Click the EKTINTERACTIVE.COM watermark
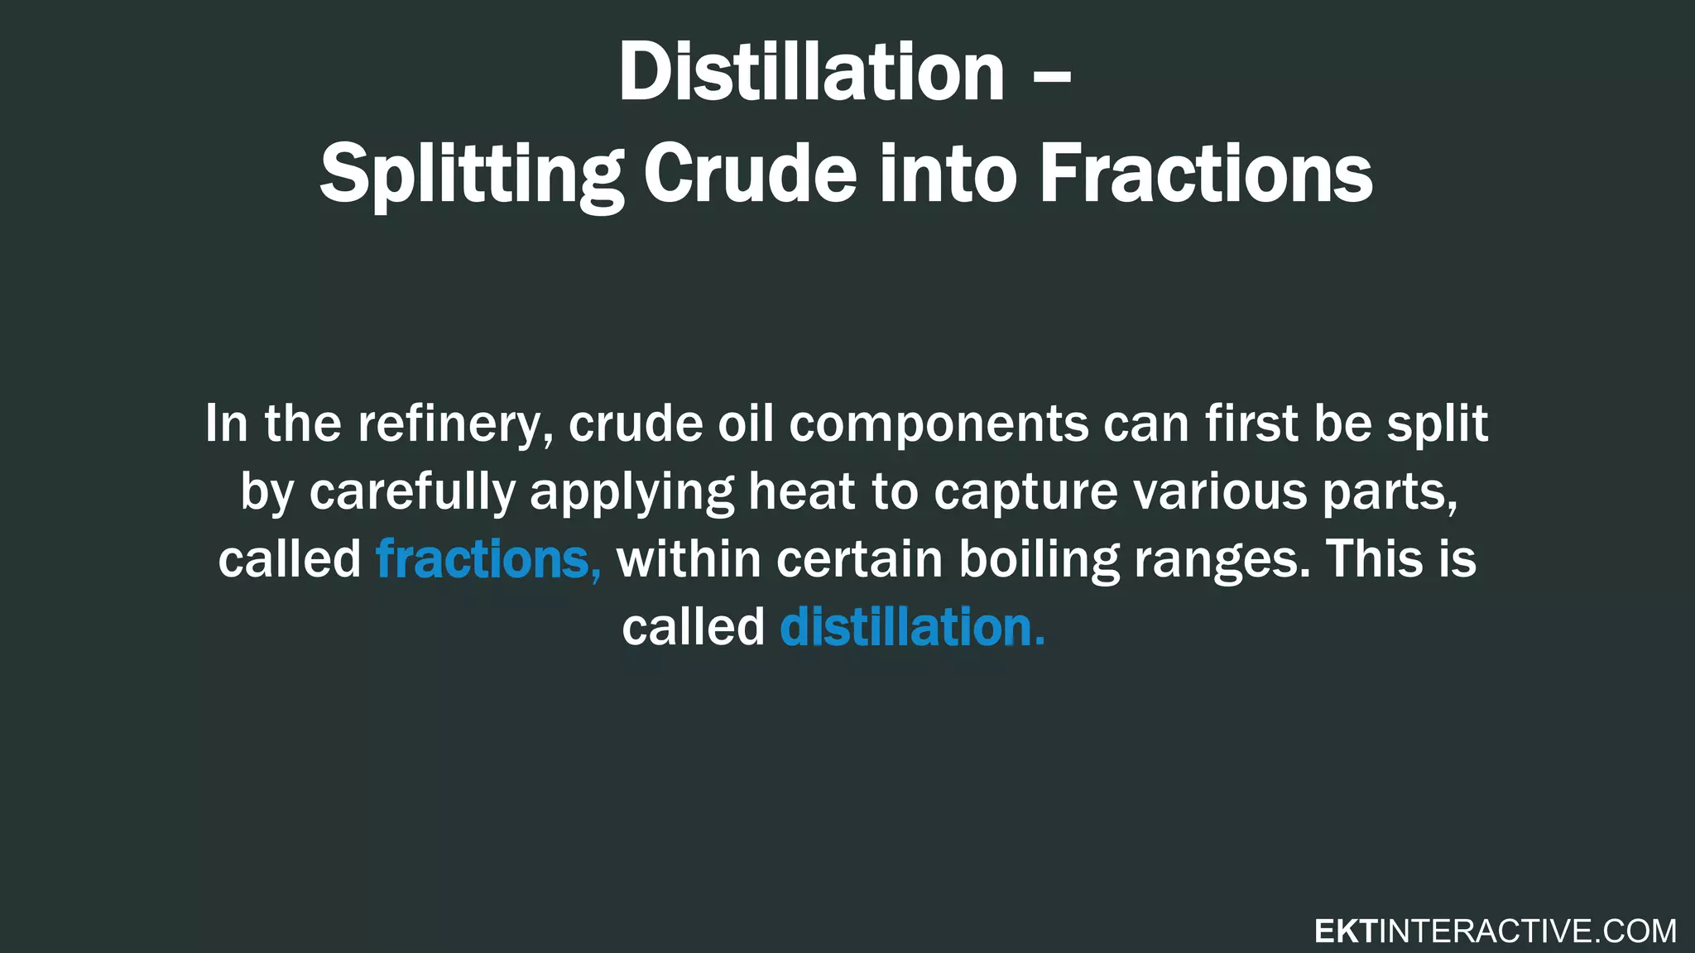click(x=1495, y=931)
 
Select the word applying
click(x=631, y=493)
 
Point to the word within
click(x=689, y=559)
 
